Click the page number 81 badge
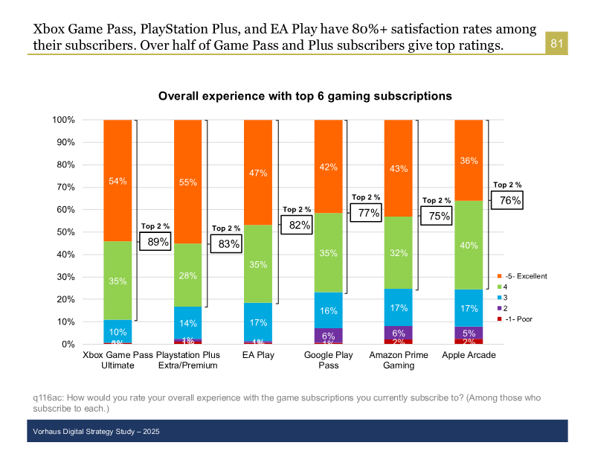pos(557,44)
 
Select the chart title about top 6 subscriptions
pos(305,97)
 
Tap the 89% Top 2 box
pos(158,241)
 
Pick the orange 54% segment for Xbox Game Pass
pos(118,181)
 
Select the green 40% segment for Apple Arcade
pos(469,245)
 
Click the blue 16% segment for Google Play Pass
pos(329,310)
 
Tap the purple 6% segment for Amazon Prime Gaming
pos(399,333)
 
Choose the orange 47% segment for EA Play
pos(258,173)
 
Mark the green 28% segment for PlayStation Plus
pos(187,275)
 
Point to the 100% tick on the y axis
pos(63,120)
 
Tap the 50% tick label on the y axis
pos(63,232)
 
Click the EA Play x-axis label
pos(258,355)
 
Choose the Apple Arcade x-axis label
pos(469,355)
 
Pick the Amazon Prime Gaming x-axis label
pos(399,360)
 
